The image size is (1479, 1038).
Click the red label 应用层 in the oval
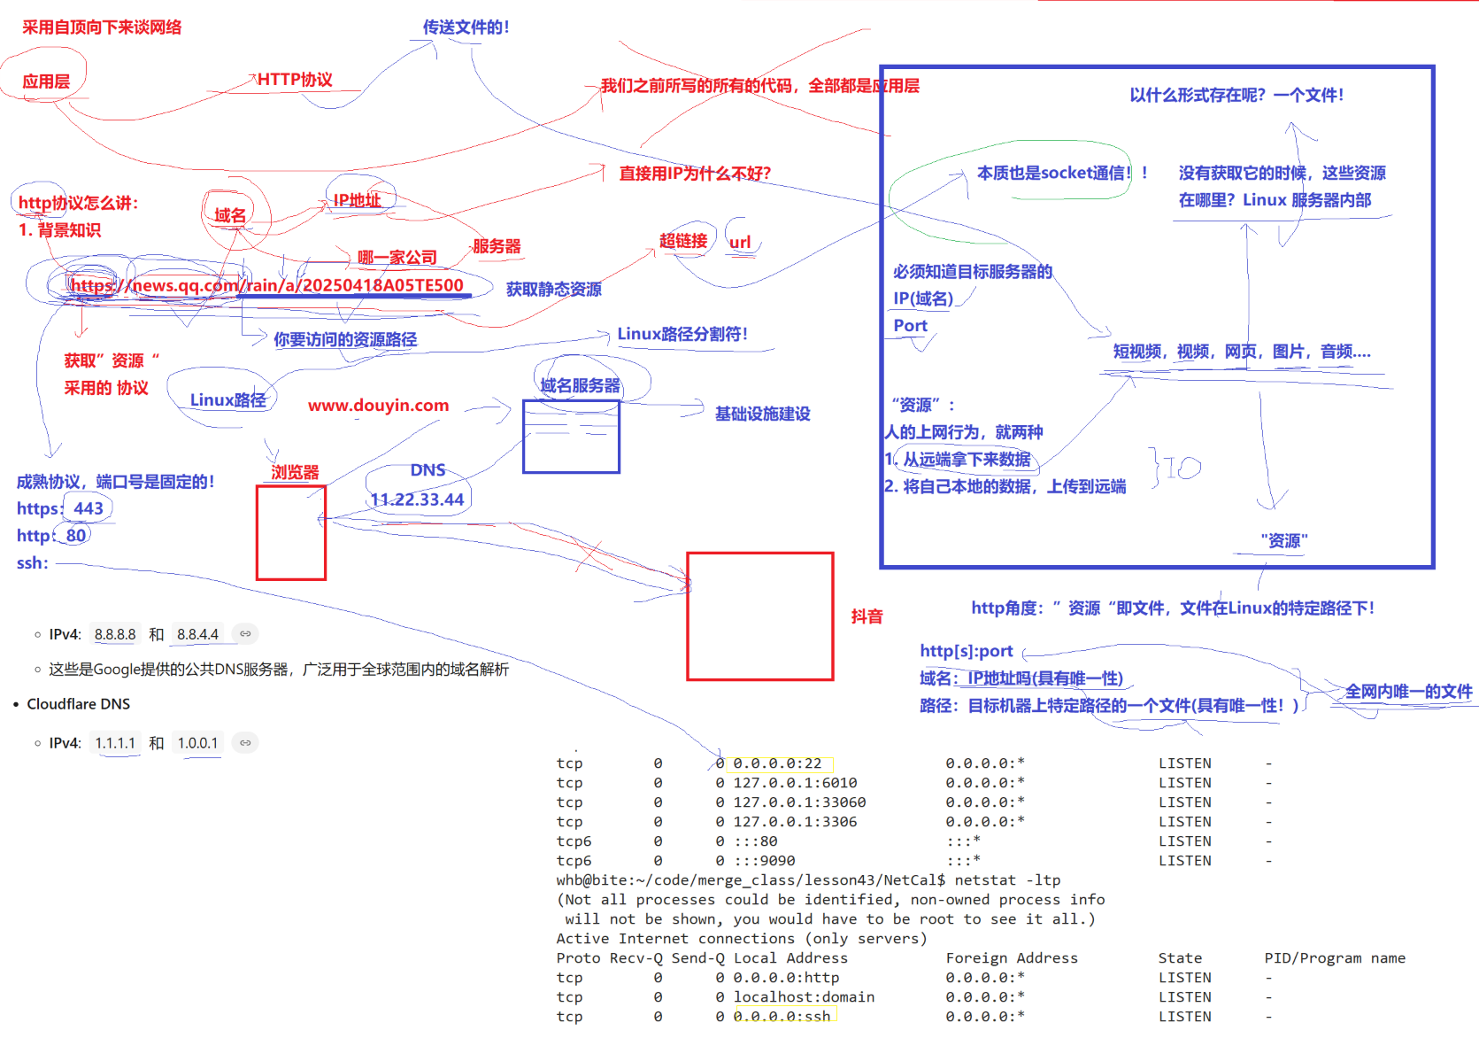coord(46,81)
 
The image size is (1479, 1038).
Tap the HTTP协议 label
coord(295,80)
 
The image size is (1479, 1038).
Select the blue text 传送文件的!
coord(466,27)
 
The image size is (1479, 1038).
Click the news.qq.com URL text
coord(266,285)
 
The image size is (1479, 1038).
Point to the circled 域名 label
coord(230,215)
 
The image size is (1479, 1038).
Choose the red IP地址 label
coord(357,200)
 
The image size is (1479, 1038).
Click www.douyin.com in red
coord(378,406)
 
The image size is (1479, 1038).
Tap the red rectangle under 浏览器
coord(291,532)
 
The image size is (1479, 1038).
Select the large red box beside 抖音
coord(759,616)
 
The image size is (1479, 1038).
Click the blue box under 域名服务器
coord(571,437)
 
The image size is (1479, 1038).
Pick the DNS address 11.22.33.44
coord(417,500)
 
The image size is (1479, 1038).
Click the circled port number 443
coord(89,508)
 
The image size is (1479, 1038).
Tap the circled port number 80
coord(76,536)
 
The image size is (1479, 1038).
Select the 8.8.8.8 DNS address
coord(115,634)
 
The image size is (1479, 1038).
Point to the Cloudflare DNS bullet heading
coord(78,704)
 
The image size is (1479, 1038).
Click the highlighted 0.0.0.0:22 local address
coord(777,763)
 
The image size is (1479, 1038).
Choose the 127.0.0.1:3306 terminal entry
coord(795,822)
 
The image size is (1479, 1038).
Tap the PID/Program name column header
coord(1334,958)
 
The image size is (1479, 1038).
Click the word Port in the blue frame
coord(910,326)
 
